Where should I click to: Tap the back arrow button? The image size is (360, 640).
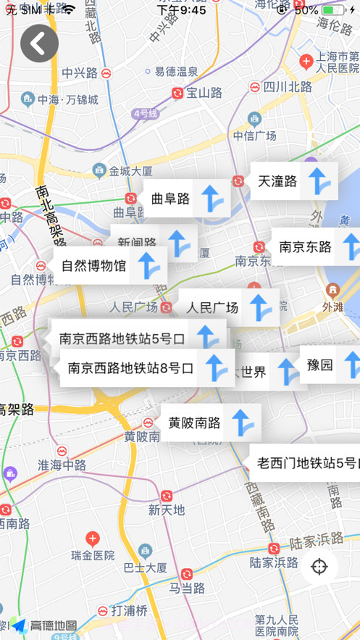[x=39, y=43]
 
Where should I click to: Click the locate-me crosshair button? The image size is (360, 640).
[x=319, y=566]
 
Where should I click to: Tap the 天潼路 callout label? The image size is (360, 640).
[x=277, y=181]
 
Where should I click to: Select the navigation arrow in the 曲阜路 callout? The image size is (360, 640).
[x=211, y=198]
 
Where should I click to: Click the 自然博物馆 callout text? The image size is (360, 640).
[x=93, y=265]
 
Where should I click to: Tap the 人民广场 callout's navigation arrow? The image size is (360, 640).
[x=260, y=307]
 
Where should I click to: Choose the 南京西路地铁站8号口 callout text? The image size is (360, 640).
[x=131, y=367]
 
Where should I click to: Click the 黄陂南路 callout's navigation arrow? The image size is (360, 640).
[x=241, y=423]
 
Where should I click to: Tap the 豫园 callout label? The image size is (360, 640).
[x=320, y=364]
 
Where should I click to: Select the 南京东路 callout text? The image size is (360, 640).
[x=305, y=247]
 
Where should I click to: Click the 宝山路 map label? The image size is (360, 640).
[x=204, y=92]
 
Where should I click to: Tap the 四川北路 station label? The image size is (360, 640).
[x=288, y=87]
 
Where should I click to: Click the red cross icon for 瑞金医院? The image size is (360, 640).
[x=92, y=539]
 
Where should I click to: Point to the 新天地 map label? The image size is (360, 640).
[x=167, y=510]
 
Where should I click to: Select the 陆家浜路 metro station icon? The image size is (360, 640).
[x=274, y=549]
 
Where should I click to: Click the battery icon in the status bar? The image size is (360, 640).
[x=335, y=10]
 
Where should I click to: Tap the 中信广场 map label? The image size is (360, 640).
[x=254, y=136]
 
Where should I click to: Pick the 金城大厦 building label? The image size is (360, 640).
[x=130, y=171]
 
